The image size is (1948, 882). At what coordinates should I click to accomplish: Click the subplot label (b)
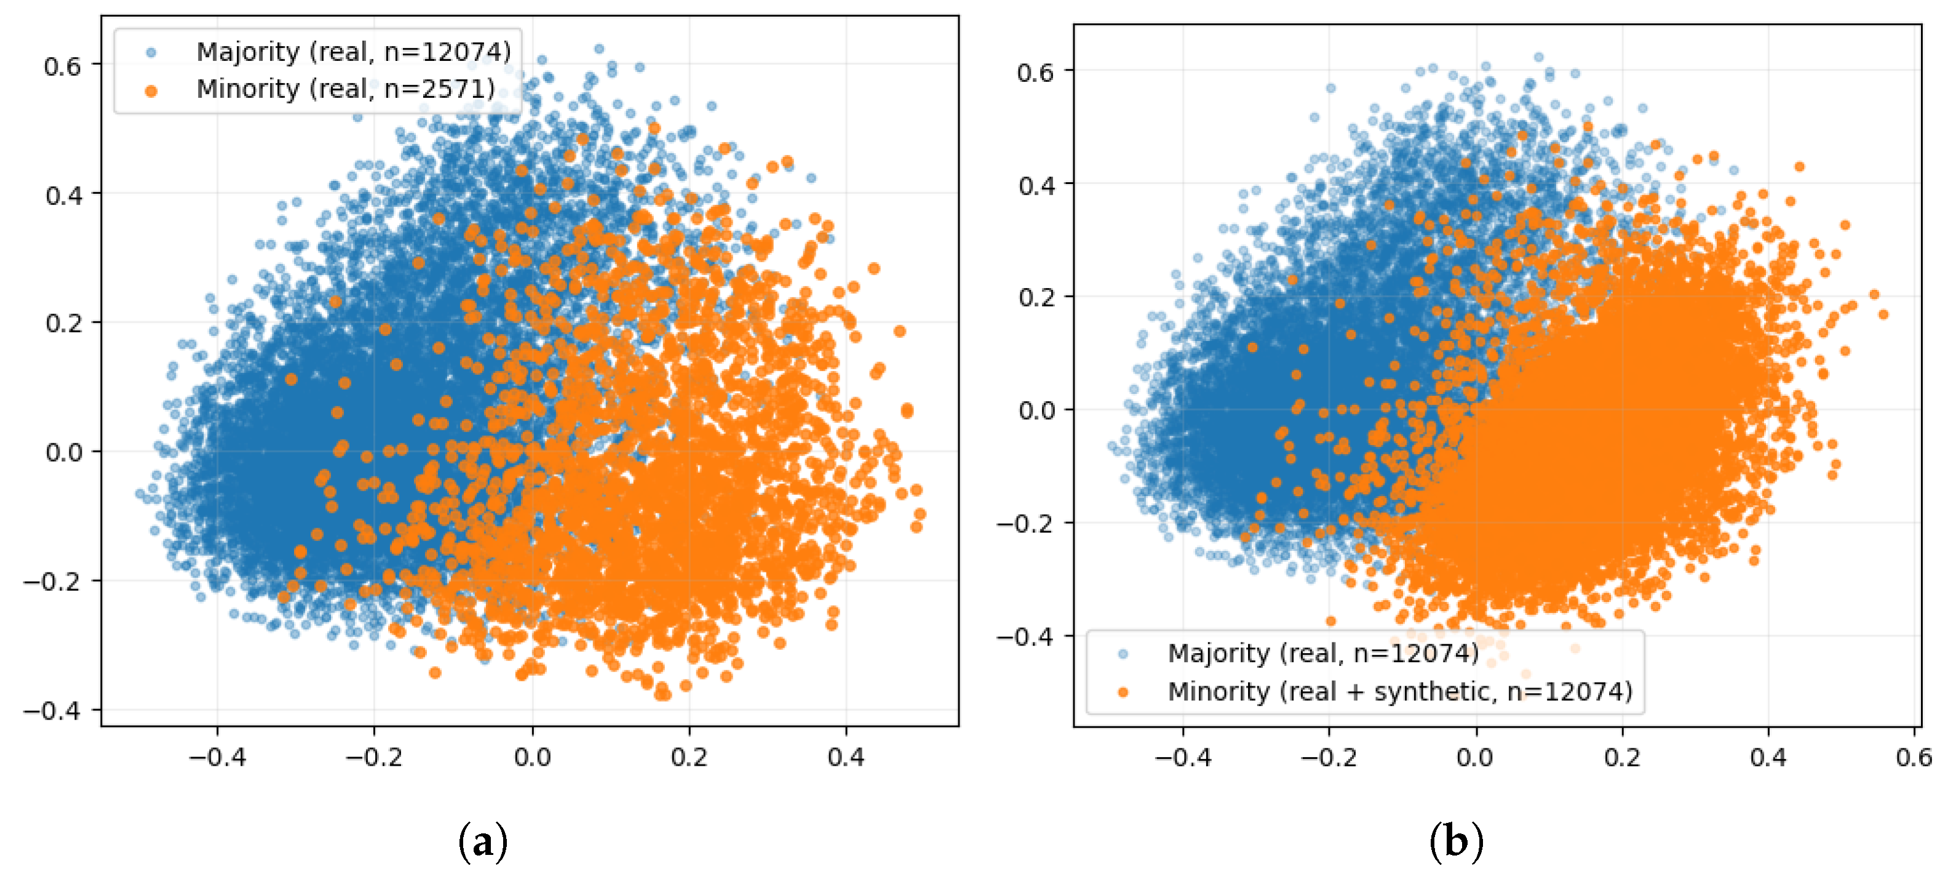coord(1457,842)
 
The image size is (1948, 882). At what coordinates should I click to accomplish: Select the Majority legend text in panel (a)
coord(354,52)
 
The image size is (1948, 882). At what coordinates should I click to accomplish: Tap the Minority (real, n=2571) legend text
coord(346,89)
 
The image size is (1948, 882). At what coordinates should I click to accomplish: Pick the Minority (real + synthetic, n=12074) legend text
coord(1400,691)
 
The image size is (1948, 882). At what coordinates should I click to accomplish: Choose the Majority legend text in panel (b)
coord(1323,653)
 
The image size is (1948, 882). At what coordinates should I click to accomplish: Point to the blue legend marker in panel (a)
coord(151,52)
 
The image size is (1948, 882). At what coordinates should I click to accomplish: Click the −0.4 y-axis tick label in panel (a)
coord(52,711)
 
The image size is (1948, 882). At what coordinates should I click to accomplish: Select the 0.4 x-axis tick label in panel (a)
coord(845,757)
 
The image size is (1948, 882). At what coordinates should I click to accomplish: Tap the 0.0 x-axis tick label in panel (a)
coord(533,757)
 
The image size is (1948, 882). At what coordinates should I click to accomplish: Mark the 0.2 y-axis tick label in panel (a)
coord(63,324)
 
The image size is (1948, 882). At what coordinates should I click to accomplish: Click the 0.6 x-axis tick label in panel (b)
coord(1915,757)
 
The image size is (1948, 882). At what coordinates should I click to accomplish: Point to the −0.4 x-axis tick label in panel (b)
coord(1183,757)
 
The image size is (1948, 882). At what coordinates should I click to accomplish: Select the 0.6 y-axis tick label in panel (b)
coord(1035,73)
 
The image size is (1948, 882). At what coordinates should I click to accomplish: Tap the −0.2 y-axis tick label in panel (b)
coord(1025,523)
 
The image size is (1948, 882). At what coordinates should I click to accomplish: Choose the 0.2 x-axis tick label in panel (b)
coord(1622,757)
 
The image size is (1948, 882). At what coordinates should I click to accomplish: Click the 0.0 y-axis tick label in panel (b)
coord(1035,411)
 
